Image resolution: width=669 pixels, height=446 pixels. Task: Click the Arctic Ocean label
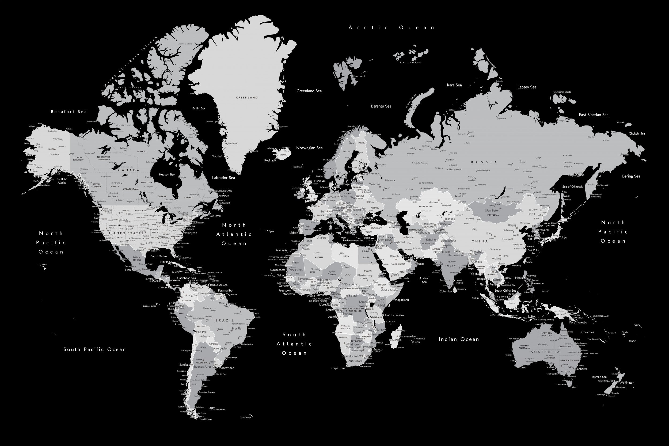(x=392, y=28)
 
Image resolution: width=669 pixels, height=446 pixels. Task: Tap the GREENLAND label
(x=247, y=98)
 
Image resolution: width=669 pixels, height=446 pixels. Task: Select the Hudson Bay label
(x=167, y=174)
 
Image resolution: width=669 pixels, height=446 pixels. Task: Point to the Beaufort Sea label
(x=69, y=112)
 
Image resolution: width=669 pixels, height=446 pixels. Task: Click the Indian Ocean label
(x=459, y=339)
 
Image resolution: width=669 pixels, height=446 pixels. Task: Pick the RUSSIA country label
(x=484, y=162)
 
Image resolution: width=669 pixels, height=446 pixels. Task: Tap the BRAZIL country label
(x=225, y=320)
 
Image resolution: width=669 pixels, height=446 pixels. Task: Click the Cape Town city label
(x=339, y=368)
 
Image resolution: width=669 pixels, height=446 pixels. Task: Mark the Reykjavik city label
(x=270, y=161)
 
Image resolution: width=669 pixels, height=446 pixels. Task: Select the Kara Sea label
(x=454, y=85)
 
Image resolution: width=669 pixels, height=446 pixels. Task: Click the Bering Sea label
(x=631, y=176)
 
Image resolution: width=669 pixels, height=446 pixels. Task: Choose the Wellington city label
(x=627, y=383)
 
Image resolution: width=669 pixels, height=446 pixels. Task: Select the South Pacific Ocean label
(x=94, y=349)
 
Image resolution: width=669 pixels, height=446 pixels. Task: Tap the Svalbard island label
(x=360, y=76)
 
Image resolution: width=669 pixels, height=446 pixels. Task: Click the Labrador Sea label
(x=223, y=178)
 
